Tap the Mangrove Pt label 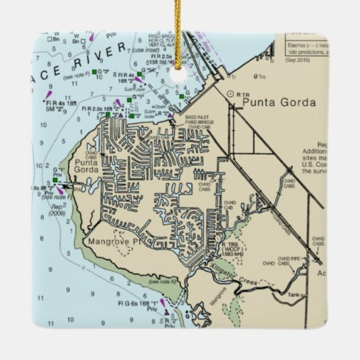[113, 241]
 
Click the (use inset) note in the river [148, 52]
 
